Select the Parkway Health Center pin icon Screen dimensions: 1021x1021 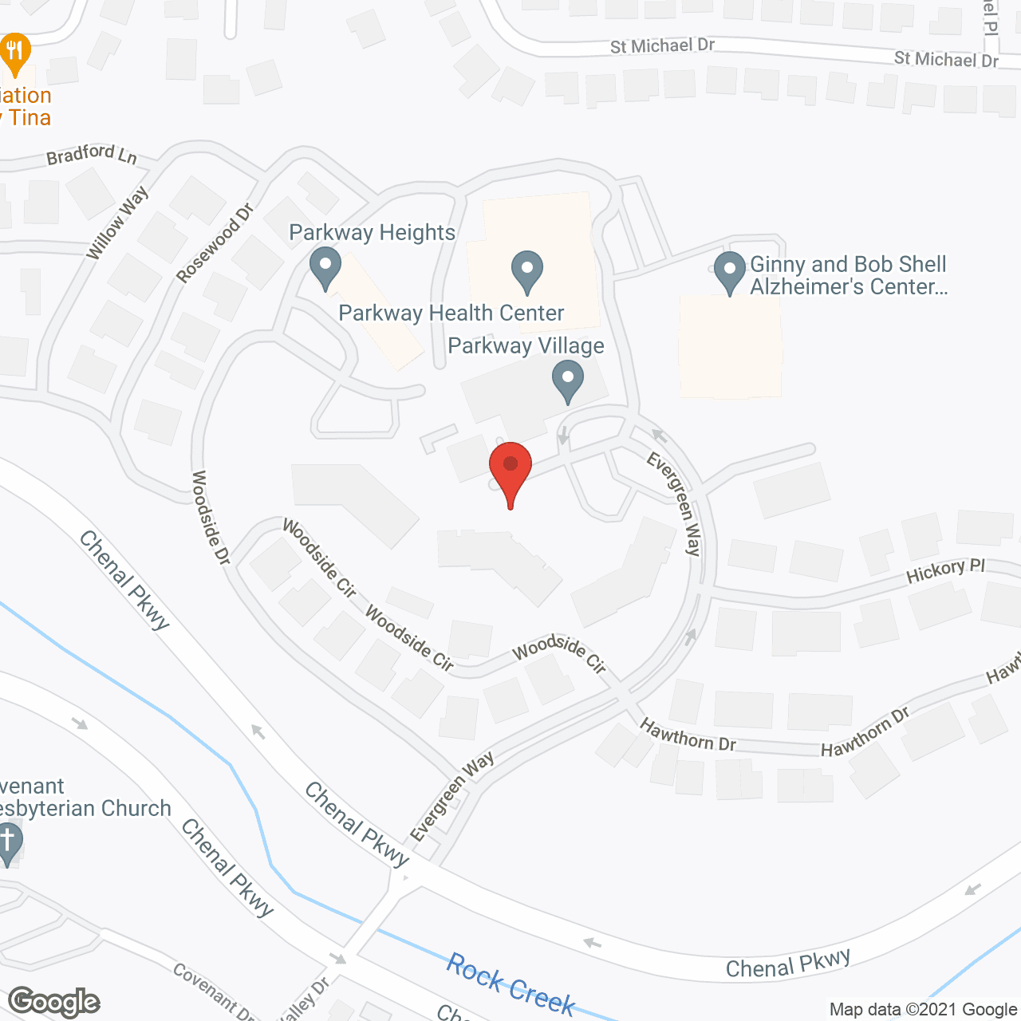pyautogui.click(x=526, y=270)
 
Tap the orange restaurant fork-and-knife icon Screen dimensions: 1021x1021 pyautogui.click(x=14, y=53)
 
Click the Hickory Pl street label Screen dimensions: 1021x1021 pyautogui.click(x=945, y=570)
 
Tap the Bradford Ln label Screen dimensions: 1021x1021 pyautogui.click(x=91, y=154)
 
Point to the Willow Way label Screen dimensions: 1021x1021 pyautogui.click(x=117, y=223)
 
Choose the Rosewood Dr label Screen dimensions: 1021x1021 pyautogui.click(x=215, y=243)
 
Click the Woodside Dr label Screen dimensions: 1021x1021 pyautogui.click(x=211, y=518)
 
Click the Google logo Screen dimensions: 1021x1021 pyautogui.click(x=54, y=1001)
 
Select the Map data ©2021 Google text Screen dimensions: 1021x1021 pyautogui.click(x=924, y=1009)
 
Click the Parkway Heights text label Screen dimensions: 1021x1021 pyautogui.click(x=372, y=233)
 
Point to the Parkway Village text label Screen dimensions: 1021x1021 pyautogui.click(x=526, y=346)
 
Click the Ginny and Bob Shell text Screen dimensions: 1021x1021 pyautogui.click(x=848, y=264)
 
